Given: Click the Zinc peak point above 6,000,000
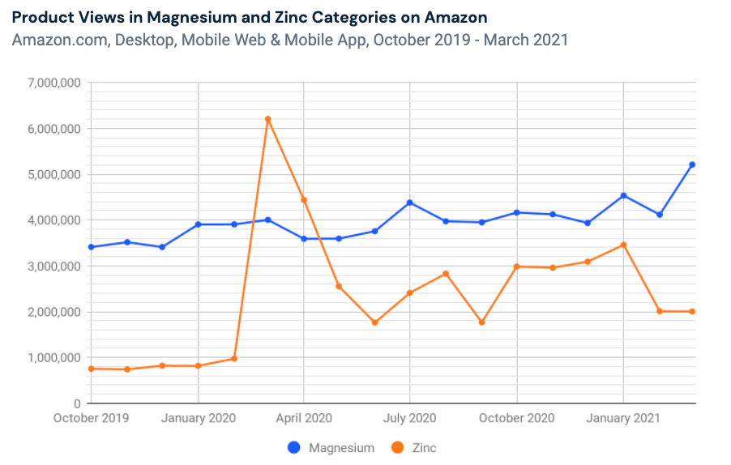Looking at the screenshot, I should pos(268,119).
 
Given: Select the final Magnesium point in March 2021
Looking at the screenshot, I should pos(692,164).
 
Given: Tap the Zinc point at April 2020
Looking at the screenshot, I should pos(304,199).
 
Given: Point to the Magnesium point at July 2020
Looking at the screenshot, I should pos(410,203).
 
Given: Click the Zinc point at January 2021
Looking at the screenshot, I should pos(623,245).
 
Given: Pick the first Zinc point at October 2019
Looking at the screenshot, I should pos(92,369).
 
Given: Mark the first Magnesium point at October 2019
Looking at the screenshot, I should pos(92,247).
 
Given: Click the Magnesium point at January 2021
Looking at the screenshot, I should pos(623,195).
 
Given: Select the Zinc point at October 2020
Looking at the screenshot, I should pos(517,267).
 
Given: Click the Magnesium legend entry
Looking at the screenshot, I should pos(331,447).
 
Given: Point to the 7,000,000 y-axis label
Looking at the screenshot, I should pos(53,83).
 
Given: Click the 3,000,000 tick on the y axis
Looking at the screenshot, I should pos(53,266).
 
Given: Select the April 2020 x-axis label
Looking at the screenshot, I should pos(304,418).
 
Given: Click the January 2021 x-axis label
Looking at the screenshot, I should pos(623,418).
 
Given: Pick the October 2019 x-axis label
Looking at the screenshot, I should pos(92,418).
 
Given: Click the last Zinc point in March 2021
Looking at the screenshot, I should pos(692,311).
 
